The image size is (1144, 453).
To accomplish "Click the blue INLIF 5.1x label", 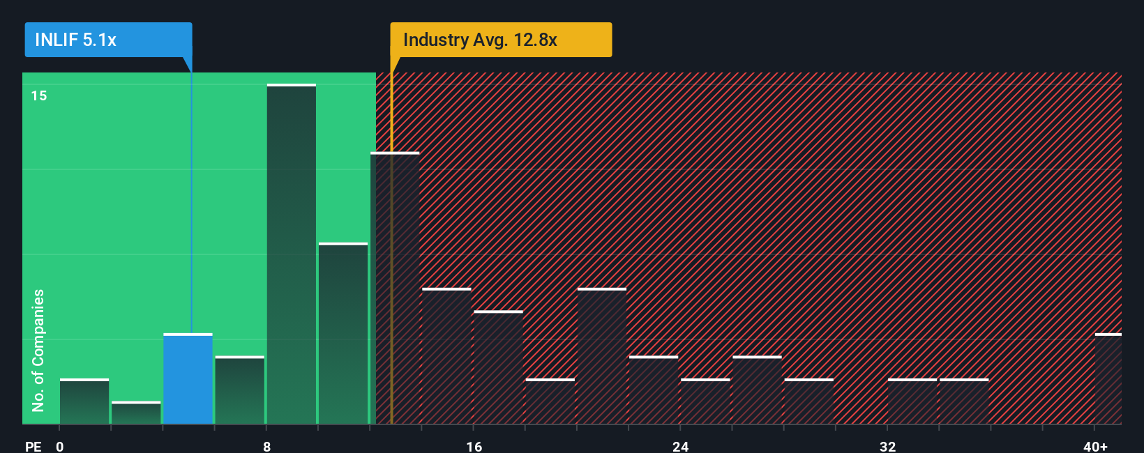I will pyautogui.click(x=108, y=40).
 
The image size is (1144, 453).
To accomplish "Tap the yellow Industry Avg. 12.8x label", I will pyautogui.click(x=500, y=40).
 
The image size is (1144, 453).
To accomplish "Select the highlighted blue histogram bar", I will pyautogui.click(x=188, y=379).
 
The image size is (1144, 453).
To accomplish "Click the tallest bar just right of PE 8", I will pyautogui.click(x=292, y=254).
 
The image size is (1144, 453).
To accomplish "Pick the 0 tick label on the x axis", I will pyautogui.click(x=60, y=446).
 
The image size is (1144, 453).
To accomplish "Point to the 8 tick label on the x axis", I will pyautogui.click(x=267, y=446).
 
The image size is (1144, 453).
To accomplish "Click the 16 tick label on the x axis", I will pyautogui.click(x=474, y=446).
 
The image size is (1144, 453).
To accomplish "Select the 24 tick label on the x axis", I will pyautogui.click(x=681, y=446).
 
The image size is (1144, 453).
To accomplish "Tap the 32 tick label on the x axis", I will pyautogui.click(x=887, y=446).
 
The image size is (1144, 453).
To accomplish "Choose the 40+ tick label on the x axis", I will pyautogui.click(x=1095, y=446).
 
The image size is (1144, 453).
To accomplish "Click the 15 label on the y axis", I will pyautogui.click(x=39, y=95).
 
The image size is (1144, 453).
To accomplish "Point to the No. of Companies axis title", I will pyautogui.click(x=38, y=350).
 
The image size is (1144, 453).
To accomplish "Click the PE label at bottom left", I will pyautogui.click(x=33, y=446).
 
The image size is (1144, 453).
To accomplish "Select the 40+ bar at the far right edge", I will pyautogui.click(x=1108, y=379).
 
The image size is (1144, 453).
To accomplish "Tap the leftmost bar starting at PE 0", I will pyautogui.click(x=84, y=401).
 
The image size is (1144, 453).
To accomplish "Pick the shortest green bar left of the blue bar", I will pyautogui.click(x=136, y=413).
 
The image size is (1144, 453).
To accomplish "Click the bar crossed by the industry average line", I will pyautogui.click(x=395, y=288).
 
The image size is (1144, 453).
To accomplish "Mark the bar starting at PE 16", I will pyautogui.click(x=498, y=367).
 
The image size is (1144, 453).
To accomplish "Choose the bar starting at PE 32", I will pyautogui.click(x=912, y=401).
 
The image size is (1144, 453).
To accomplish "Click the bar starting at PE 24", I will pyautogui.click(x=705, y=401).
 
